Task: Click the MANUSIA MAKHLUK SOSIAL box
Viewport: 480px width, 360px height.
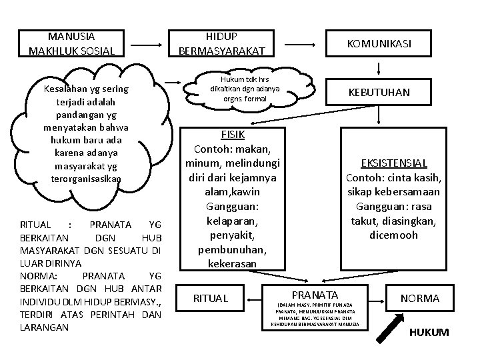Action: point(71,43)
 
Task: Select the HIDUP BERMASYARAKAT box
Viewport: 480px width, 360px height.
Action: point(222,43)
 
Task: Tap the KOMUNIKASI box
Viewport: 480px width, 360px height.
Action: point(379,43)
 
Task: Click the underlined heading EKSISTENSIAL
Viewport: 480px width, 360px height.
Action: point(393,163)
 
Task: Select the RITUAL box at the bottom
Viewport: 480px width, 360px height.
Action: point(209,298)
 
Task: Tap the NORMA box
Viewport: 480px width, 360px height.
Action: point(420,298)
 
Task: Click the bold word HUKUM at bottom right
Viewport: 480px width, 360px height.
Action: point(429,332)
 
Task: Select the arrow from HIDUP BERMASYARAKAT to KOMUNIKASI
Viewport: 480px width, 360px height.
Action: point(296,43)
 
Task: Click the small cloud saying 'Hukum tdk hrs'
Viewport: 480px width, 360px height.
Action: point(245,89)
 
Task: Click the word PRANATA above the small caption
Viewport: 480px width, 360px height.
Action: point(315,295)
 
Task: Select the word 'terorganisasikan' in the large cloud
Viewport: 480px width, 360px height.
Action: point(86,179)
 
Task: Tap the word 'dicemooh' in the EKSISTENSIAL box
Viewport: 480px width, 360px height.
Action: point(393,235)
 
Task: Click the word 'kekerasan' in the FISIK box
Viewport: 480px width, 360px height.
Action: point(232,263)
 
